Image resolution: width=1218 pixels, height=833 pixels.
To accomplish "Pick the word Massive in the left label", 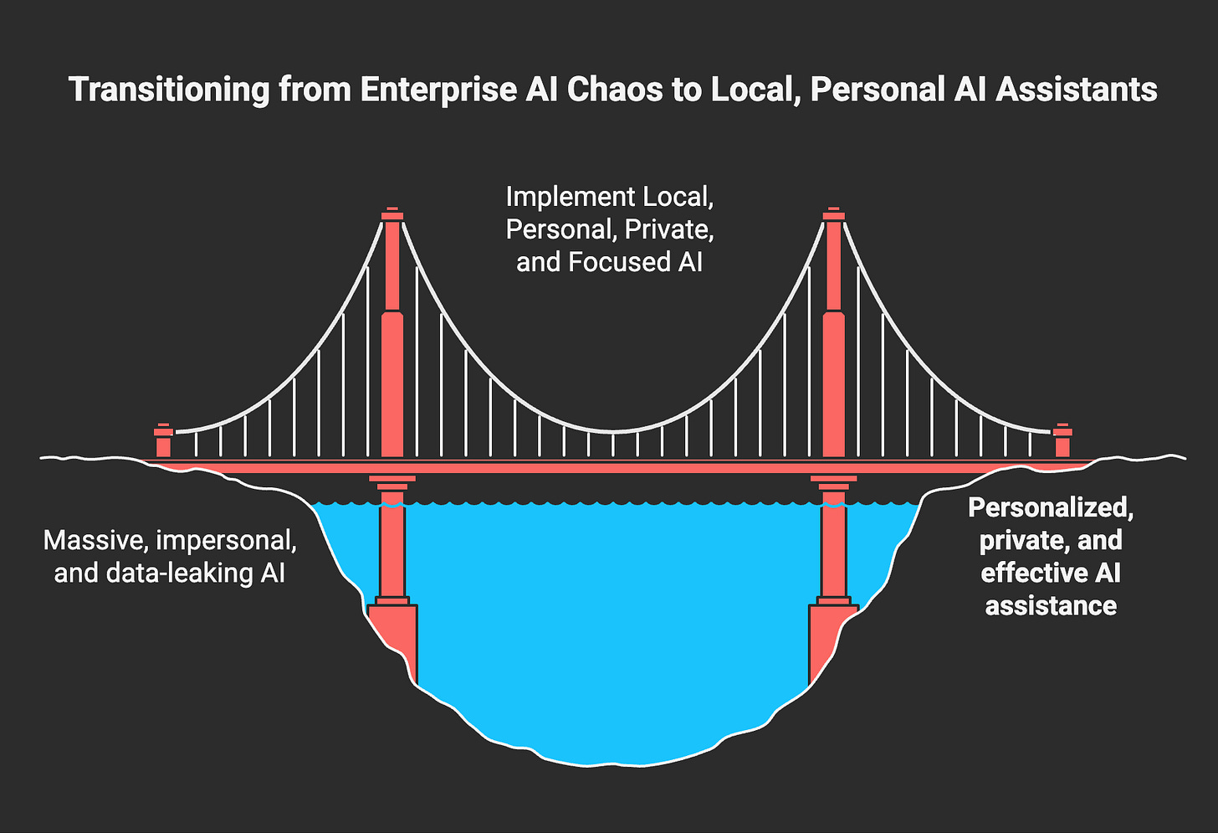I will pyautogui.click(x=94, y=540).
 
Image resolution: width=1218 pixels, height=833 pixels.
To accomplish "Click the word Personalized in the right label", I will pyautogui.click(x=1051, y=507).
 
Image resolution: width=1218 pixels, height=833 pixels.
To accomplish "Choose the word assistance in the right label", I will pyautogui.click(x=1051, y=605).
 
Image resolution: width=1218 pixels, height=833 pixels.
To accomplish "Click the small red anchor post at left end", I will pyautogui.click(x=164, y=441).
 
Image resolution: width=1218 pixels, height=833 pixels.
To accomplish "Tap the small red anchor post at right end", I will pyautogui.click(x=1062, y=441).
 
